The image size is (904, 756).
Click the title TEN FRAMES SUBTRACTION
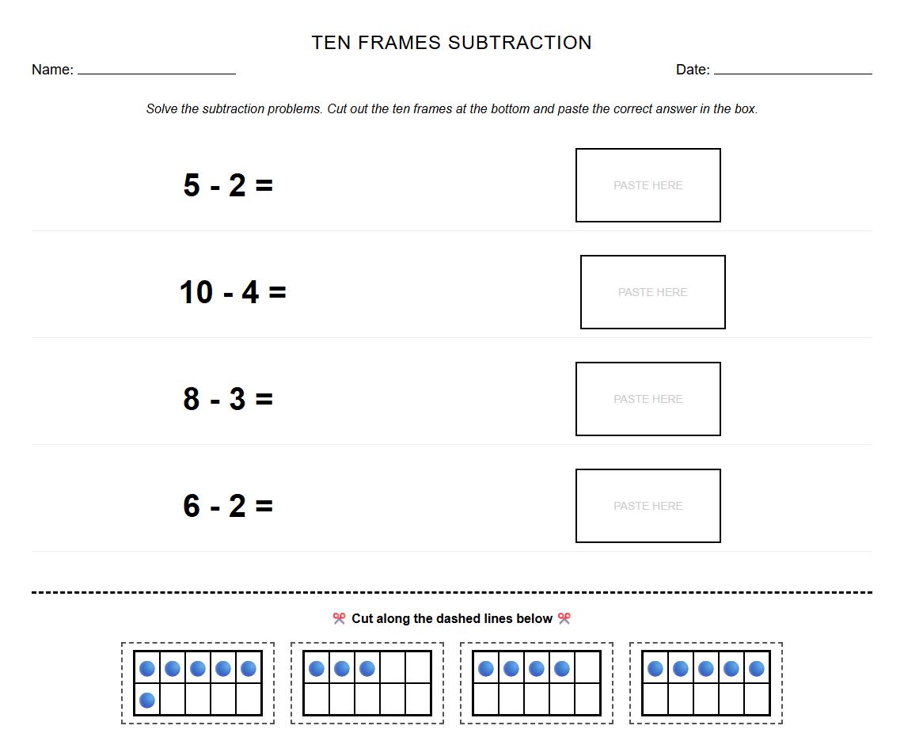pyautogui.click(x=451, y=43)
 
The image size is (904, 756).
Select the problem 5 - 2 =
pyautogui.click(x=228, y=185)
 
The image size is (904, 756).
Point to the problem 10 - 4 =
pyautogui.click(x=233, y=292)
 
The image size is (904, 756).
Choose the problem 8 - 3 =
pyautogui.click(x=228, y=399)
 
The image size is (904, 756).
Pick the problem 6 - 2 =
pyautogui.click(x=228, y=506)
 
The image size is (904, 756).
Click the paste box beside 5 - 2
pyautogui.click(x=648, y=185)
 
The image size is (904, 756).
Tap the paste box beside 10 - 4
pyautogui.click(x=652, y=292)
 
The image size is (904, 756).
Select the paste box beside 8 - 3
pyautogui.click(x=648, y=399)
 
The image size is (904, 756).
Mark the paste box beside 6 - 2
pyautogui.click(x=648, y=506)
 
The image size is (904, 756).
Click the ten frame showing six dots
pyautogui.click(x=198, y=683)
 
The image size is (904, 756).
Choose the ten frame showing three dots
pyautogui.click(x=367, y=683)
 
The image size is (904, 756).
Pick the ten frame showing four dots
pyautogui.click(x=537, y=683)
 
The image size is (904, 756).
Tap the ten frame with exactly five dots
pyautogui.click(x=706, y=683)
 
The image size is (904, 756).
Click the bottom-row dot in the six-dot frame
pyautogui.click(x=147, y=700)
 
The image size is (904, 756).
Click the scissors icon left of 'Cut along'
pyautogui.click(x=340, y=618)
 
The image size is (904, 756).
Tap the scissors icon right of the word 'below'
pyautogui.click(x=564, y=618)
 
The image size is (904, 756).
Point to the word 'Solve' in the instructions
pyautogui.click(x=162, y=109)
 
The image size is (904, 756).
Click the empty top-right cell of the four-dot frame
pyautogui.click(x=587, y=668)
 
